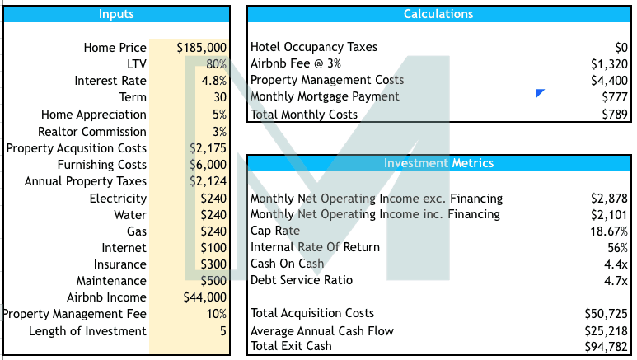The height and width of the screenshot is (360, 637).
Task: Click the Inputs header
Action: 116,14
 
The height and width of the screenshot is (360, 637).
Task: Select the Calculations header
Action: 438,14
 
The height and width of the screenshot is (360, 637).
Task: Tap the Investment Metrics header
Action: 438,163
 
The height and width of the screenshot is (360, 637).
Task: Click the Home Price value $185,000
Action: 202,48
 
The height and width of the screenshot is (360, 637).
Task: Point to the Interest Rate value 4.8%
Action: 213,81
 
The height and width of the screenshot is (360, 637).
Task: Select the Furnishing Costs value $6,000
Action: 208,165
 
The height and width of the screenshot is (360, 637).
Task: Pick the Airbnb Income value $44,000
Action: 204,297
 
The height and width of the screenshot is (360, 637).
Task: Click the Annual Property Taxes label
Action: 86,181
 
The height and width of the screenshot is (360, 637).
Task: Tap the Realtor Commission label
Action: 92,132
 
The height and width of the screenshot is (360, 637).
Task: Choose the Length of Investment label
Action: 87,331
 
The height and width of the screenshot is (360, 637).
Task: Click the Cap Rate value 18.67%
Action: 609,231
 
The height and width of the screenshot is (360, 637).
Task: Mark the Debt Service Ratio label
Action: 301,280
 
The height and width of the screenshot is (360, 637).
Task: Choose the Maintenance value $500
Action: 213,281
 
